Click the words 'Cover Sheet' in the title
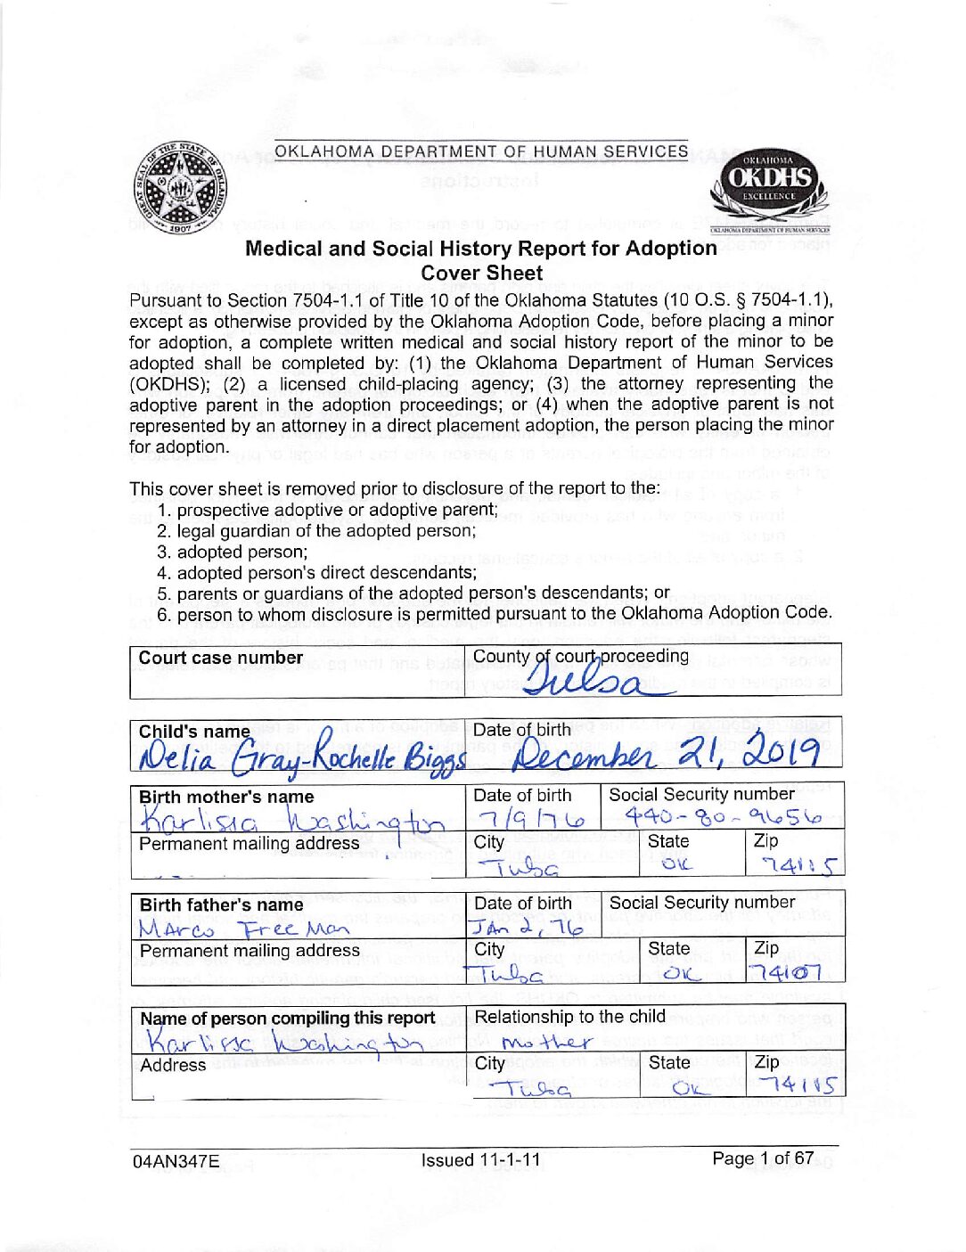tap(481, 274)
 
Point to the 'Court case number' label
tap(221, 658)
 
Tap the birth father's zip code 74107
tap(785, 972)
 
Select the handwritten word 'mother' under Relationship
tap(546, 1041)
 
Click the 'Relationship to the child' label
tap(569, 1017)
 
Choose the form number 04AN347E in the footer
tap(176, 1161)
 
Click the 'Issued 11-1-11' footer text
tap(480, 1160)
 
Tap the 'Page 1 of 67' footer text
tap(763, 1158)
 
